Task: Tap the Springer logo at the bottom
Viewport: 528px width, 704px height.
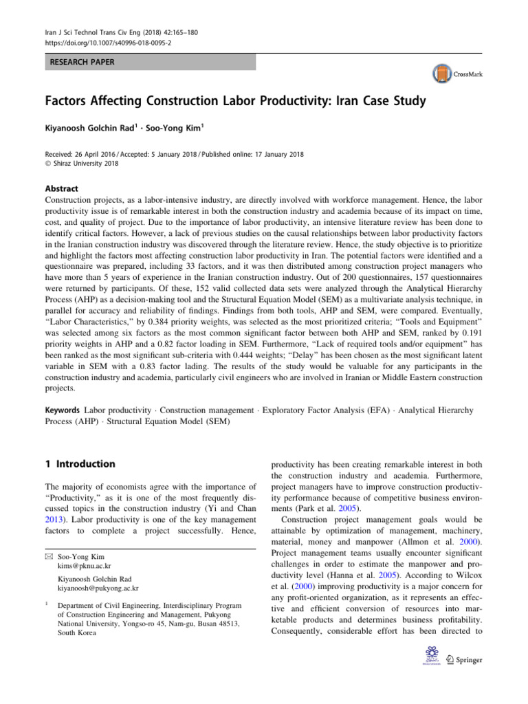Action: click(464, 660)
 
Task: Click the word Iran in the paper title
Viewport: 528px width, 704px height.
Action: click(338, 102)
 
